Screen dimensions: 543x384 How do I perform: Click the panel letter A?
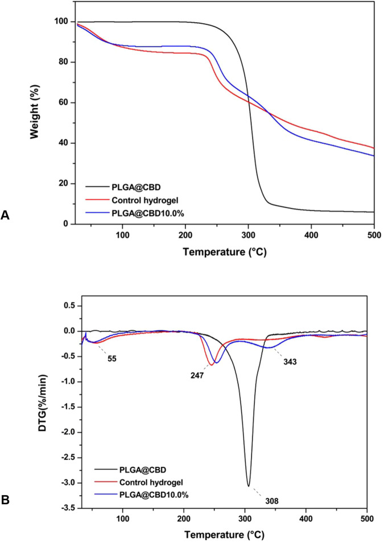click(x=6, y=215)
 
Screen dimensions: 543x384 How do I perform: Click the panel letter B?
click(x=6, y=500)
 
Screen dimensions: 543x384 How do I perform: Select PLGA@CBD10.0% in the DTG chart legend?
click(x=162, y=495)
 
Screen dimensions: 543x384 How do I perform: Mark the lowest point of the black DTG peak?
click(x=248, y=486)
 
